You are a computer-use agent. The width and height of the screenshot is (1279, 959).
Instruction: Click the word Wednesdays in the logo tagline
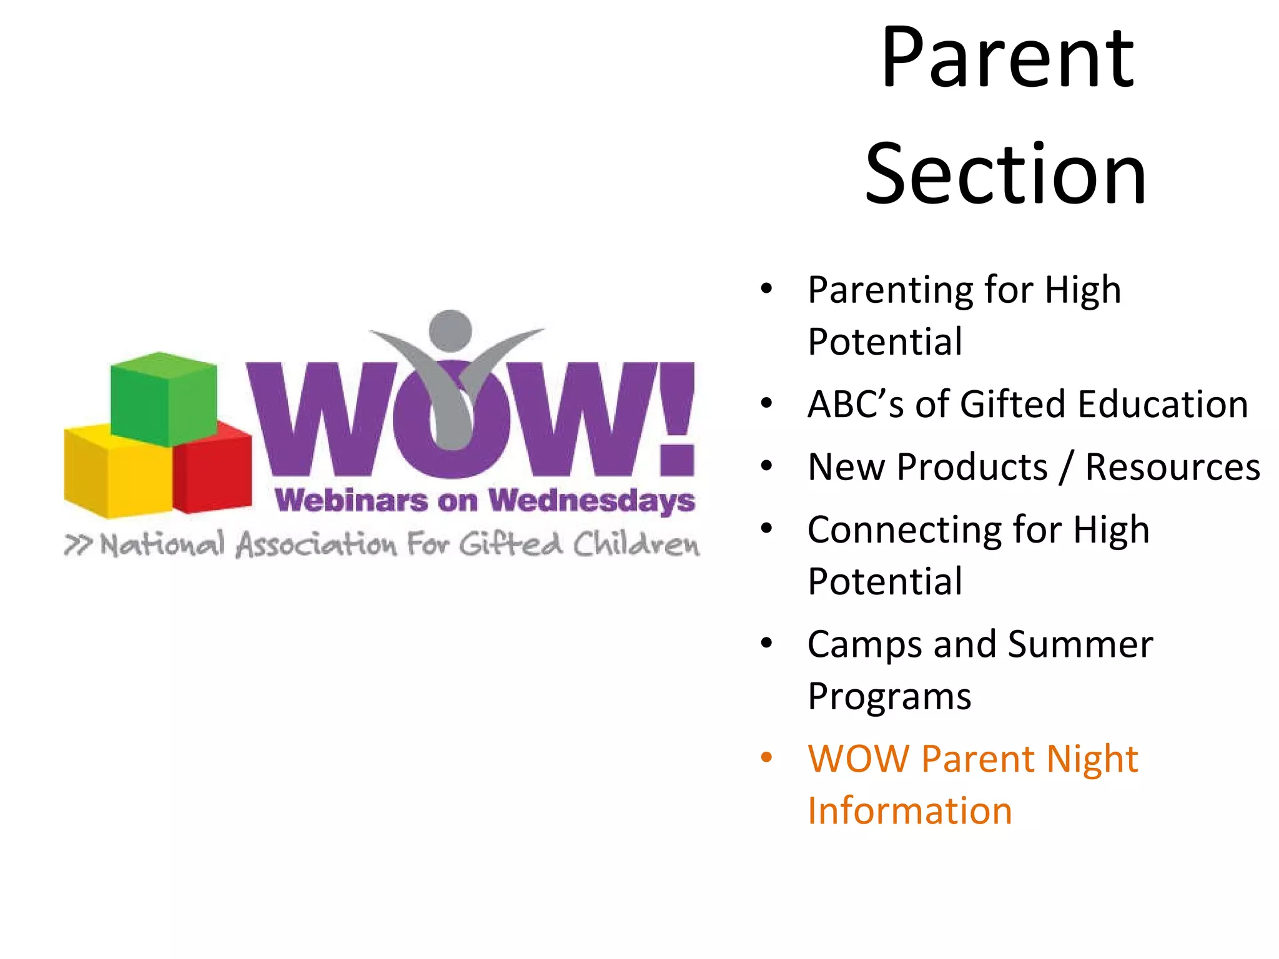[591, 501]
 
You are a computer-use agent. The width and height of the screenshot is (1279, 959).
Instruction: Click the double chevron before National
[78, 545]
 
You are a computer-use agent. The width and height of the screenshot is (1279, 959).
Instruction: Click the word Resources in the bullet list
[1172, 468]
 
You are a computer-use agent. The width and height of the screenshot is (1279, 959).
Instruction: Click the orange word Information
[909, 811]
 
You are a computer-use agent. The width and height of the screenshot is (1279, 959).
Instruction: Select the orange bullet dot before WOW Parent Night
[766, 758]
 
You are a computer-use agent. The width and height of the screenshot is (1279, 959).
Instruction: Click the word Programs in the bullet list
[889, 697]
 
